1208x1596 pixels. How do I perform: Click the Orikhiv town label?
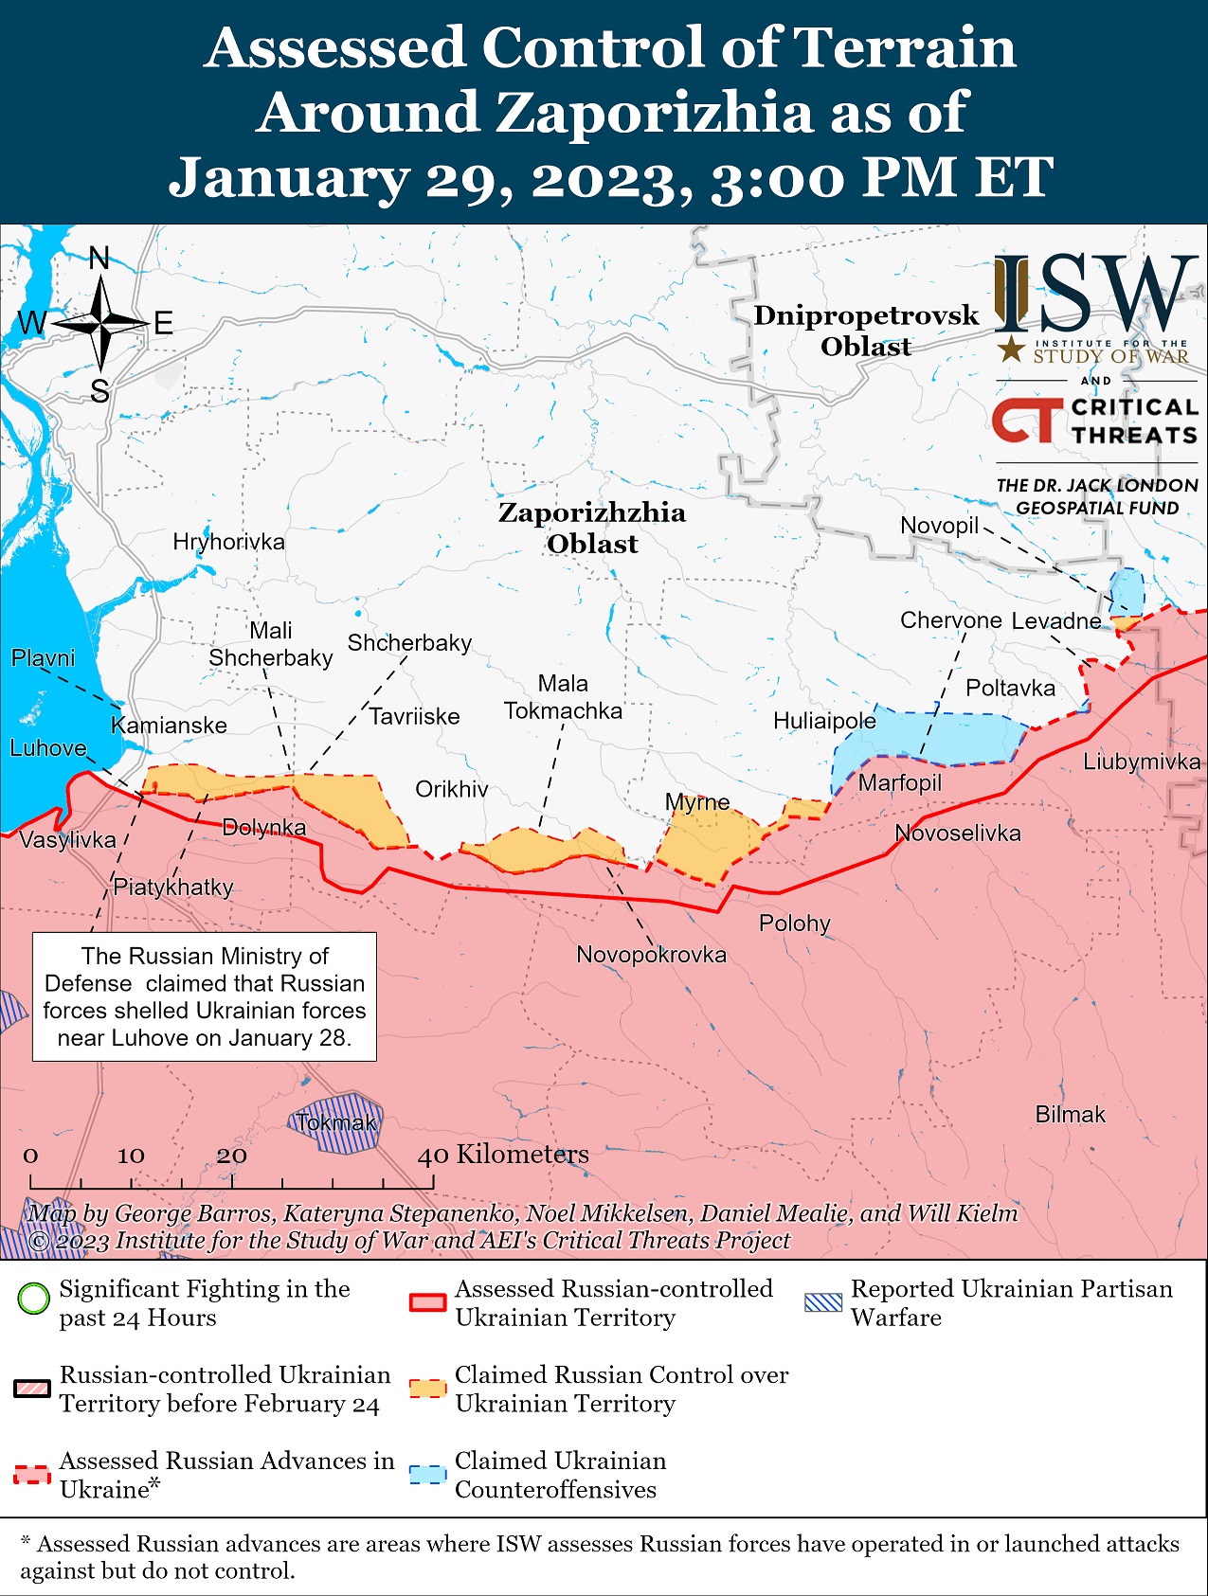click(452, 789)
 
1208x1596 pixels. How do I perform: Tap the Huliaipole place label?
click(824, 721)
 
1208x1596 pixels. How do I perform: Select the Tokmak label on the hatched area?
click(336, 1123)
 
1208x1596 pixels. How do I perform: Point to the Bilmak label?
click(1070, 1115)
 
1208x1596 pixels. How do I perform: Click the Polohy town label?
click(794, 923)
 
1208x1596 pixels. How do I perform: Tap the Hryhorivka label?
click(228, 542)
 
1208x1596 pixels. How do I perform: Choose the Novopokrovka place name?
click(651, 954)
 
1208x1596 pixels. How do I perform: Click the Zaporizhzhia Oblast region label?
click(592, 528)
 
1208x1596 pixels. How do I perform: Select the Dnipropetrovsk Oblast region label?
click(865, 331)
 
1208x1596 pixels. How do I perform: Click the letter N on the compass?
click(99, 258)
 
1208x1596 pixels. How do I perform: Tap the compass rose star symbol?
click(100, 324)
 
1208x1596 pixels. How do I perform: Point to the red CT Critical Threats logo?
click(1027, 420)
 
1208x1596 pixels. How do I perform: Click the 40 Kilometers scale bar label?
click(504, 1154)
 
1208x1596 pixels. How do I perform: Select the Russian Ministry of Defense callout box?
click(205, 996)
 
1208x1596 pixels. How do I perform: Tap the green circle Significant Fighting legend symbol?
click(33, 1298)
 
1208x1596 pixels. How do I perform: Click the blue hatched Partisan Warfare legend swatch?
click(822, 1302)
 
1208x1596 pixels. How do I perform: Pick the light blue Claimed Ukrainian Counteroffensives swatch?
click(427, 1475)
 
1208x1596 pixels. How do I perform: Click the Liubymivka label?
click(1142, 762)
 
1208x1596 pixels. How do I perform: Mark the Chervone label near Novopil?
click(950, 620)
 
